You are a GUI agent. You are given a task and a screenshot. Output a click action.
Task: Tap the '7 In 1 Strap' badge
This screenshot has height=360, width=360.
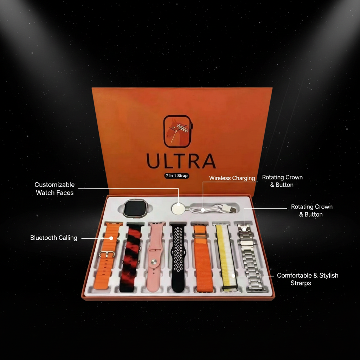click(x=177, y=175)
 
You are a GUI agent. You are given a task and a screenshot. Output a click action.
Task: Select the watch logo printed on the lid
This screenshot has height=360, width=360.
click(x=178, y=131)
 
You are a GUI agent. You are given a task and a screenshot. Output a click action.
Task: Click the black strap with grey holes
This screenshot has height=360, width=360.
click(x=179, y=257)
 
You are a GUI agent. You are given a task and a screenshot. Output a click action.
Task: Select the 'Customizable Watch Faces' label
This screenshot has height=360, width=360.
click(x=54, y=189)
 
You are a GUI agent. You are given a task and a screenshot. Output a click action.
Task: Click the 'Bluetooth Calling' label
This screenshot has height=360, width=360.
click(x=54, y=238)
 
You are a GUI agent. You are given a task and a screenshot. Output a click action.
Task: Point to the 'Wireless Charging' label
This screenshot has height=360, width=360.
click(x=232, y=178)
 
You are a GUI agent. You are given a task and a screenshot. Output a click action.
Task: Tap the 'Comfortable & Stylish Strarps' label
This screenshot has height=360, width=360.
click(x=307, y=279)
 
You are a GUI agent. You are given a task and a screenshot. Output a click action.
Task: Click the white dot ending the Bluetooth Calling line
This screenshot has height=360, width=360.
click(x=111, y=238)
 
